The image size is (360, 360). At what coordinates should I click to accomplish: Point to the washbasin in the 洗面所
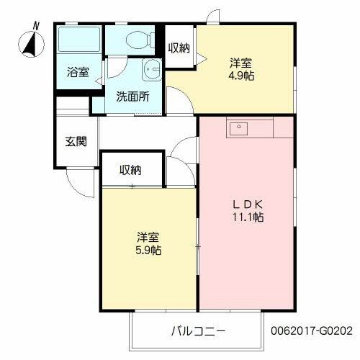152,71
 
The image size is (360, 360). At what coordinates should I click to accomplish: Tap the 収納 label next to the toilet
179,48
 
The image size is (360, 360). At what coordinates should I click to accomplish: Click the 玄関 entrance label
77,141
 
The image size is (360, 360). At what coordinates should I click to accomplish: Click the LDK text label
246,203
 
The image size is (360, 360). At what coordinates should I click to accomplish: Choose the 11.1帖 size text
246,217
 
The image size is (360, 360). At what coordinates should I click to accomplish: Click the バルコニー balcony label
198,331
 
